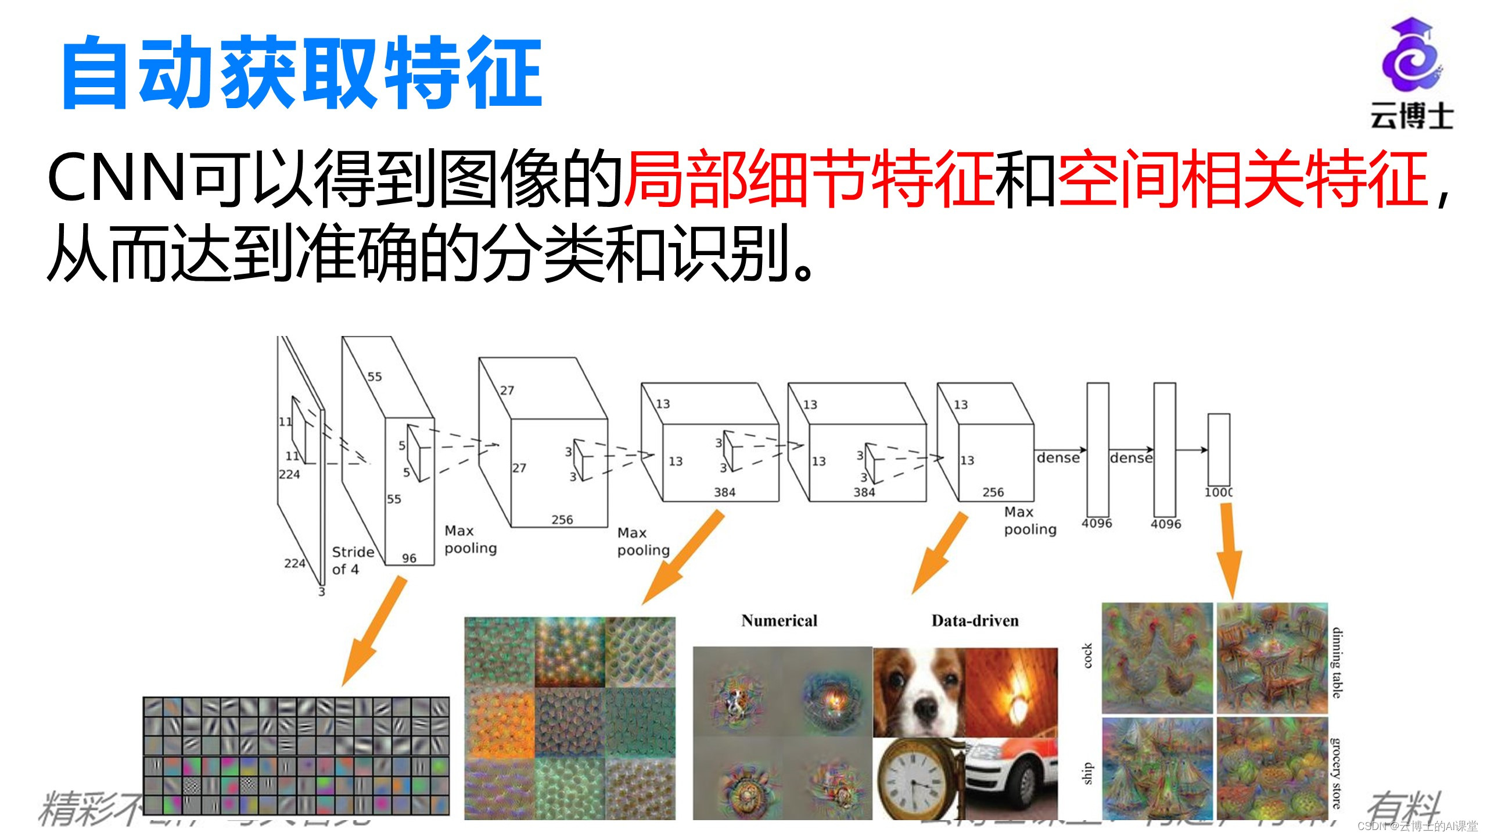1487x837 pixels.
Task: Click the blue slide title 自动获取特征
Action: [302, 73]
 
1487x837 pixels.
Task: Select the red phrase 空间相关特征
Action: [1243, 178]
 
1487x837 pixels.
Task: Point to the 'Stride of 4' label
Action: [352, 560]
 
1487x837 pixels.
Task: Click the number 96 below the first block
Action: [409, 558]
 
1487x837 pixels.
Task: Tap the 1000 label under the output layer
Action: [1218, 492]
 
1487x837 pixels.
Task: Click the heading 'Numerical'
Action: [779, 621]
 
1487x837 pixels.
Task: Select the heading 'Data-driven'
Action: [975, 621]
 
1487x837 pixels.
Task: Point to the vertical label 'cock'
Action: [1087, 656]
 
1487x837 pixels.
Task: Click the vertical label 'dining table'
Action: [1337, 663]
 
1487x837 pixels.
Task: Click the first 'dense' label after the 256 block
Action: [1058, 458]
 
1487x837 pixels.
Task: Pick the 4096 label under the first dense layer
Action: [1097, 523]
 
